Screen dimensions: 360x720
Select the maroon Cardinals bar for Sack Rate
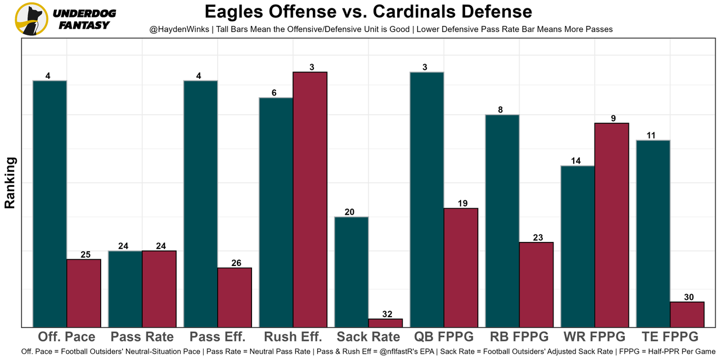coord(385,323)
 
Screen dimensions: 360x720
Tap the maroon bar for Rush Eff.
coord(310,199)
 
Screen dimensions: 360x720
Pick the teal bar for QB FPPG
coord(427,199)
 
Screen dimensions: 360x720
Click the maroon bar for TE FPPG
coord(687,314)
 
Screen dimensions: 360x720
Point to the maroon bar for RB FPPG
coord(536,285)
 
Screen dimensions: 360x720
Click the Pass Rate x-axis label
coord(142,337)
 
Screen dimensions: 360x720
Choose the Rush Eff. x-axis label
coord(293,337)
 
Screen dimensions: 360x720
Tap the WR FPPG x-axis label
coord(595,337)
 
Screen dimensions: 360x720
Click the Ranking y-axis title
coord(10,183)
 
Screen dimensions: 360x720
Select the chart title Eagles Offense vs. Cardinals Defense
coord(368,12)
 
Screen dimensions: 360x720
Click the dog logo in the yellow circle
coord(31,19)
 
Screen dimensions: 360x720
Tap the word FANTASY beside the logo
coord(84,25)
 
